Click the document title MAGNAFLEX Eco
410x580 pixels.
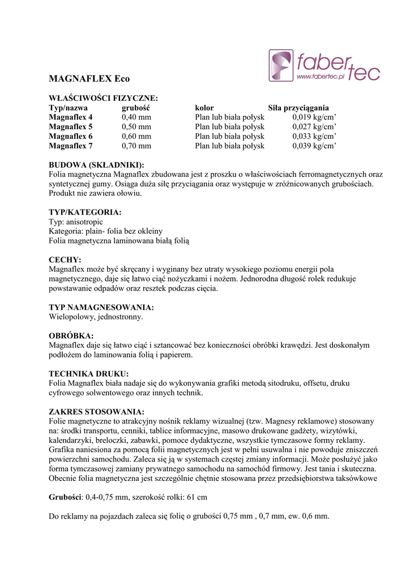pyautogui.click(x=89, y=79)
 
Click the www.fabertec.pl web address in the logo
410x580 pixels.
pyautogui.click(x=321, y=76)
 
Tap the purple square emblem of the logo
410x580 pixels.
pyautogui.click(x=281, y=66)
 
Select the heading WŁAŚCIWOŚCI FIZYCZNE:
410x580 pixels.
pyautogui.click(x=104, y=98)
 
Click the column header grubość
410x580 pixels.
pyautogui.click(x=135, y=108)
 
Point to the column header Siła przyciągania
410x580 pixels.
pyautogui.click(x=298, y=108)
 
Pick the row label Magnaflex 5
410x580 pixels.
pyautogui.click(x=71, y=126)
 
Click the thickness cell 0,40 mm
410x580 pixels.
pyautogui.click(x=136, y=117)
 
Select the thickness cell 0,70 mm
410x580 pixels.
pyautogui.click(x=136, y=146)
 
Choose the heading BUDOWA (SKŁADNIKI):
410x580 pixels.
pyautogui.click(x=97, y=164)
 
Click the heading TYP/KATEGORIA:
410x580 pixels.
pyautogui.click(x=85, y=212)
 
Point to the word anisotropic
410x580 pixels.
pyautogui.click(x=84, y=222)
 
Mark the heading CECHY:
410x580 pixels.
pyautogui.click(x=65, y=259)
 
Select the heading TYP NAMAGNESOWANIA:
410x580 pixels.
pyautogui.click(x=101, y=308)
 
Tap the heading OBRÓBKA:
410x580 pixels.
pyautogui.click(x=71, y=336)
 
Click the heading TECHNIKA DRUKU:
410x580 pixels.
pyautogui.click(x=89, y=374)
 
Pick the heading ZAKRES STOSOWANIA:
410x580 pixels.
pyautogui.click(x=97, y=412)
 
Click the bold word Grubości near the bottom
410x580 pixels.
pyautogui.click(x=66, y=497)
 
